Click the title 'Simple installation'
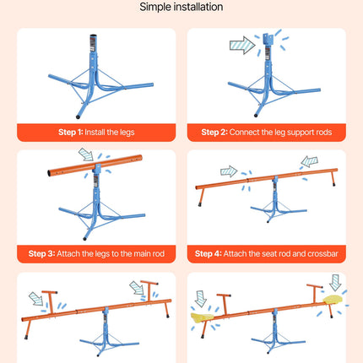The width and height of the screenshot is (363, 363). click(x=181, y=7)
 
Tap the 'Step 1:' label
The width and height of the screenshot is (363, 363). click(x=71, y=133)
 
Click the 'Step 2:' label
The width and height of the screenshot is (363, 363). click(x=214, y=133)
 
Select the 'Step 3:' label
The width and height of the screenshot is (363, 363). click(x=42, y=254)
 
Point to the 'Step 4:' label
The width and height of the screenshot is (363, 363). click(x=209, y=254)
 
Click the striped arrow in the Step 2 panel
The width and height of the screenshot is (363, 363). click(x=242, y=45)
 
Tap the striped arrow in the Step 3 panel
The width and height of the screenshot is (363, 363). click(x=86, y=154)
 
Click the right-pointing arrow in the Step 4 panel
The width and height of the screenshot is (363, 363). click(x=229, y=171)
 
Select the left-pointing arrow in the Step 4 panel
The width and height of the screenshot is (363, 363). click(x=310, y=161)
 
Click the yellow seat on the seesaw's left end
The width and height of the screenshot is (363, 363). click(x=202, y=317)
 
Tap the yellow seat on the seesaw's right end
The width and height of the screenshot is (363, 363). click(x=333, y=300)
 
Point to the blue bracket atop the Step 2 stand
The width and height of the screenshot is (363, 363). click(x=267, y=40)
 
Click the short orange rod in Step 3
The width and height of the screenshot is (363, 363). click(x=95, y=165)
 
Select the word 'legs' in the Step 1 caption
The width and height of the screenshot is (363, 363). click(x=127, y=133)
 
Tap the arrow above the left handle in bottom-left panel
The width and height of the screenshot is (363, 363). click(x=36, y=299)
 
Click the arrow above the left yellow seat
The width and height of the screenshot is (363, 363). click(x=200, y=299)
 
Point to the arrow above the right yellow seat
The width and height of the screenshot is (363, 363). click(x=335, y=283)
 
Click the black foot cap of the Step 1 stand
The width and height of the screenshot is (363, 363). click(x=78, y=116)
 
